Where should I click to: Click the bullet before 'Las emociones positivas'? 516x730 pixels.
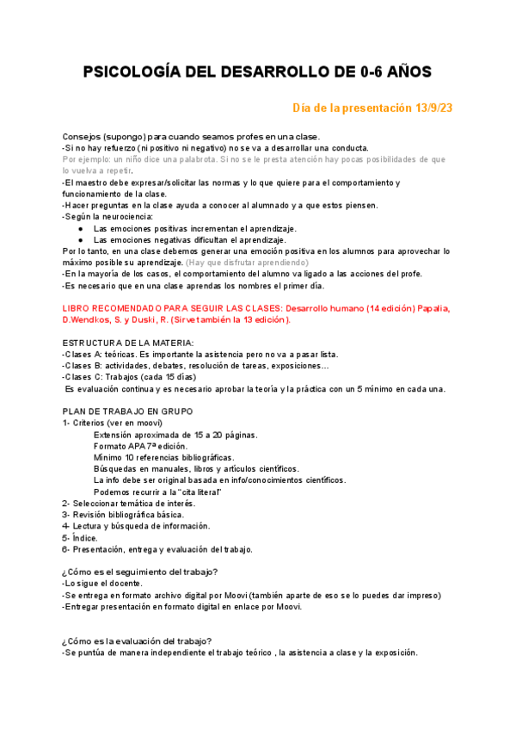click(x=80, y=228)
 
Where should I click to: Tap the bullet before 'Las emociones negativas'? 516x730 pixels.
click(x=80, y=239)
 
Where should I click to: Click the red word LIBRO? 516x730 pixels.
click(x=79, y=308)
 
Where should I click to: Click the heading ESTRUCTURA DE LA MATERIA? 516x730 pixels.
click(x=121, y=343)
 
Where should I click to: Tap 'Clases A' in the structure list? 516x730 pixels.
click(x=83, y=354)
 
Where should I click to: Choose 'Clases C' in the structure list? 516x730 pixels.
click(x=83, y=377)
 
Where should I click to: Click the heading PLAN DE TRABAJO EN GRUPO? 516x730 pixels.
click(x=127, y=411)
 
